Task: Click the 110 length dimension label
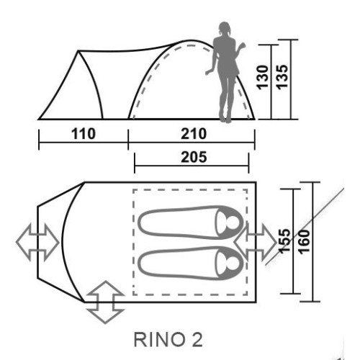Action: [84, 134]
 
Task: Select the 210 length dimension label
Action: [194, 134]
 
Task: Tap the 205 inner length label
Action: [194, 157]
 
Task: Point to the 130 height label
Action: [262, 77]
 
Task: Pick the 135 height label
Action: [282, 77]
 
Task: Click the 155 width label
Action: [285, 241]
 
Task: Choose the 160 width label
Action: [305, 241]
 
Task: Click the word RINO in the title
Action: [158, 340]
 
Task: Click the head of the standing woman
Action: [224, 28]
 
